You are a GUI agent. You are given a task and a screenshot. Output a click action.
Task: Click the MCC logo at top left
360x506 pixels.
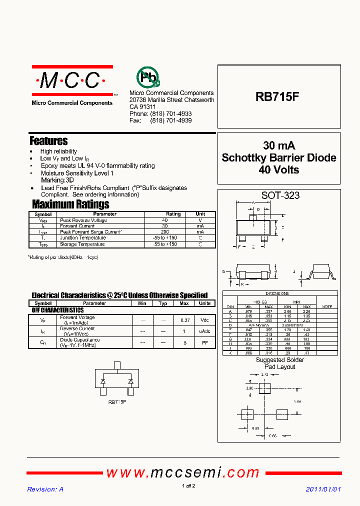(72, 80)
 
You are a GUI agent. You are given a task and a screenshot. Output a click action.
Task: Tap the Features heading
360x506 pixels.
(48, 141)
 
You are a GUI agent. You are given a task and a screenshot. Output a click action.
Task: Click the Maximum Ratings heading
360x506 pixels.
(70, 204)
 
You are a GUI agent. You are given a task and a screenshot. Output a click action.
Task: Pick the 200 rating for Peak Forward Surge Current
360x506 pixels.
(164, 232)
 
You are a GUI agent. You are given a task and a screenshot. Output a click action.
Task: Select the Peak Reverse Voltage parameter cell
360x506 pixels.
(83, 220)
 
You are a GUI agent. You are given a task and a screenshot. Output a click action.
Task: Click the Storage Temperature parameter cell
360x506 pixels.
(82, 244)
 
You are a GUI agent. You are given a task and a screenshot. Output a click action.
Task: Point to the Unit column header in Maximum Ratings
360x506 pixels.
(200, 214)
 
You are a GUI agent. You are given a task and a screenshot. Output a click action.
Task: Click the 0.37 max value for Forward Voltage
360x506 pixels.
(184, 319)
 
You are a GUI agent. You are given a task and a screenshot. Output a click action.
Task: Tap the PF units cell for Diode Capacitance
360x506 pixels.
(205, 342)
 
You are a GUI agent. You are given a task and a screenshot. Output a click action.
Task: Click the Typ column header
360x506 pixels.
(163, 303)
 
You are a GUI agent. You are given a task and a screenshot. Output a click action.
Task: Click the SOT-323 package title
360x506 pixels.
(280, 195)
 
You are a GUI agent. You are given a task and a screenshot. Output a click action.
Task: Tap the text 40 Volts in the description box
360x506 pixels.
(279, 170)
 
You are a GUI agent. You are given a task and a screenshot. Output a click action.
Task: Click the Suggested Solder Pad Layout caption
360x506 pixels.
(279, 363)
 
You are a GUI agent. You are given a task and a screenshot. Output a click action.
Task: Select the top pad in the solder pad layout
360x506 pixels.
(264, 388)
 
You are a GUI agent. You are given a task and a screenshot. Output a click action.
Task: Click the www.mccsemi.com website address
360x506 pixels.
(183, 472)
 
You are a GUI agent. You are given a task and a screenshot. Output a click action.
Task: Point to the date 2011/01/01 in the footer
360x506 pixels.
(323, 489)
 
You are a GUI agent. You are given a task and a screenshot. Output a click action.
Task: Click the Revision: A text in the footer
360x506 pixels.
(45, 489)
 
